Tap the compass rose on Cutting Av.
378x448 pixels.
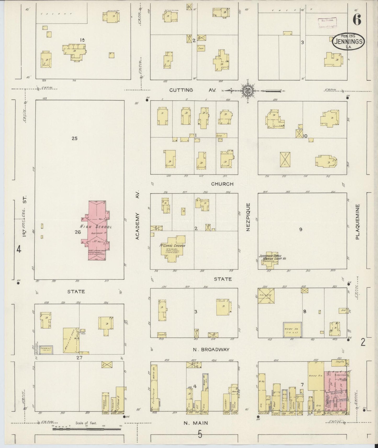coord(247,91)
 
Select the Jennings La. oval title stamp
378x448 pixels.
coord(348,42)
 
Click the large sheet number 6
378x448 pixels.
coord(357,19)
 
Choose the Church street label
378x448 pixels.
coord(222,184)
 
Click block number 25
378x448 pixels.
coord(75,139)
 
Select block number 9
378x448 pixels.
coord(301,229)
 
